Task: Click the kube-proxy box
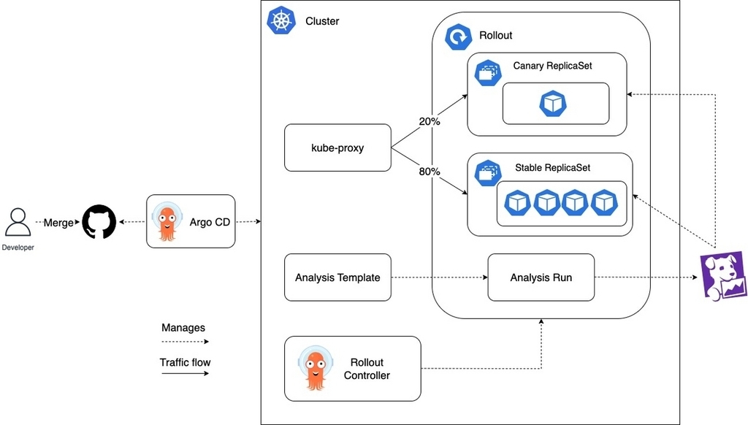(x=337, y=148)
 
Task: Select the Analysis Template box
(x=337, y=277)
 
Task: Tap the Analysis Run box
(x=541, y=277)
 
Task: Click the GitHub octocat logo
(x=99, y=222)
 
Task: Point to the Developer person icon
(x=18, y=222)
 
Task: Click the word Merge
(x=58, y=223)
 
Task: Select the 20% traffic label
(x=430, y=122)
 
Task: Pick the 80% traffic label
(x=430, y=172)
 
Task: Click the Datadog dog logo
(x=723, y=277)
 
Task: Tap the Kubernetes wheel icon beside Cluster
(x=281, y=20)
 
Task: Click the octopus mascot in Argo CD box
(x=167, y=222)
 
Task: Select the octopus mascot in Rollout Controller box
(x=316, y=368)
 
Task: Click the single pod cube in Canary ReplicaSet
(x=553, y=104)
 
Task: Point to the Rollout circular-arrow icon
(x=459, y=37)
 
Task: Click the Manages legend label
(x=183, y=328)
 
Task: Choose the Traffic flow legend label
(x=185, y=362)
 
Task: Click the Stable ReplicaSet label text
(x=552, y=167)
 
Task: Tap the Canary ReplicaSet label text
(x=552, y=66)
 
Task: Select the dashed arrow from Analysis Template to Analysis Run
(x=439, y=277)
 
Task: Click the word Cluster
(x=322, y=21)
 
